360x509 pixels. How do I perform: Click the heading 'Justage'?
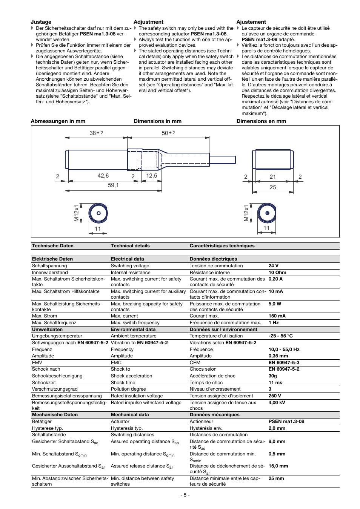(41, 22)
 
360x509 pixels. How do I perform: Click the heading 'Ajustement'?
(251, 22)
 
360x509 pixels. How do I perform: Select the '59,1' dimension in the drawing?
(113, 185)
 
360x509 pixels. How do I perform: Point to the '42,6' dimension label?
(103, 176)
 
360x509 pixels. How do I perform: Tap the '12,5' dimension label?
(151, 176)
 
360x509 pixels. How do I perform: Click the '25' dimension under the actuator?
(272, 187)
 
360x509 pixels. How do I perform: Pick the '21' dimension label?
(272, 177)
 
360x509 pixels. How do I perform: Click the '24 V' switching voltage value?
(274, 266)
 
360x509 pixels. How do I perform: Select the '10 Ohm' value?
(277, 273)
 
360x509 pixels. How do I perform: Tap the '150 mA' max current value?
(277, 316)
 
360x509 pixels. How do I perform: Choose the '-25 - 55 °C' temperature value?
(280, 336)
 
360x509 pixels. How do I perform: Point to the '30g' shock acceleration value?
(272, 376)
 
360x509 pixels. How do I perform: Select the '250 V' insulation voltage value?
(275, 396)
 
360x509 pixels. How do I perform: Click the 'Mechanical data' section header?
(130, 415)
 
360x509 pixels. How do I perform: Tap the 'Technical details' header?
(130, 246)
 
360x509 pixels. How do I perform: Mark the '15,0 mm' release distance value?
(278, 466)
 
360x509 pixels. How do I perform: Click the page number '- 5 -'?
(185, 495)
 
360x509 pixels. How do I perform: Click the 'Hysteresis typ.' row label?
(127, 428)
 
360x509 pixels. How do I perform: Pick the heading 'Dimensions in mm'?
(157, 121)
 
